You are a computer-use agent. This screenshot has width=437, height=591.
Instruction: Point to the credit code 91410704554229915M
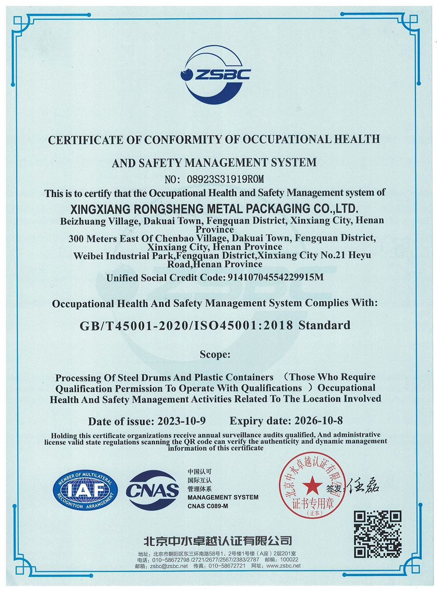pyautogui.click(x=276, y=277)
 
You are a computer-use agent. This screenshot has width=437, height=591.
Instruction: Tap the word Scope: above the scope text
pyautogui.click(x=215, y=354)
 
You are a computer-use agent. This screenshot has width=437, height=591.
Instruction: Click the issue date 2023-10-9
pyautogui.click(x=181, y=421)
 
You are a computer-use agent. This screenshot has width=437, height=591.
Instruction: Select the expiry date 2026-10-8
pyautogui.click(x=319, y=421)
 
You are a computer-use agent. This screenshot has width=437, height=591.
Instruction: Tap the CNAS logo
pyautogui.click(x=153, y=490)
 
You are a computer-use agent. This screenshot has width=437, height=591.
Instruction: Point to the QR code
pyautogui.click(x=377, y=533)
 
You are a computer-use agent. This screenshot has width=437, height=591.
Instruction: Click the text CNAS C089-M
pyautogui.click(x=208, y=506)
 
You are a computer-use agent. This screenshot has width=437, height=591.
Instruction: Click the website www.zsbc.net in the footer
pyautogui.click(x=283, y=566)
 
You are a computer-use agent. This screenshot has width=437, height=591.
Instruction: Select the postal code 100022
pyautogui.click(x=289, y=560)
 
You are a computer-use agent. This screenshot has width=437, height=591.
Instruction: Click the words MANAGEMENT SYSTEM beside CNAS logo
pyautogui.click(x=223, y=498)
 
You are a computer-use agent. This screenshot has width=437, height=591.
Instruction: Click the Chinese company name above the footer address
pyautogui.click(x=218, y=541)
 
